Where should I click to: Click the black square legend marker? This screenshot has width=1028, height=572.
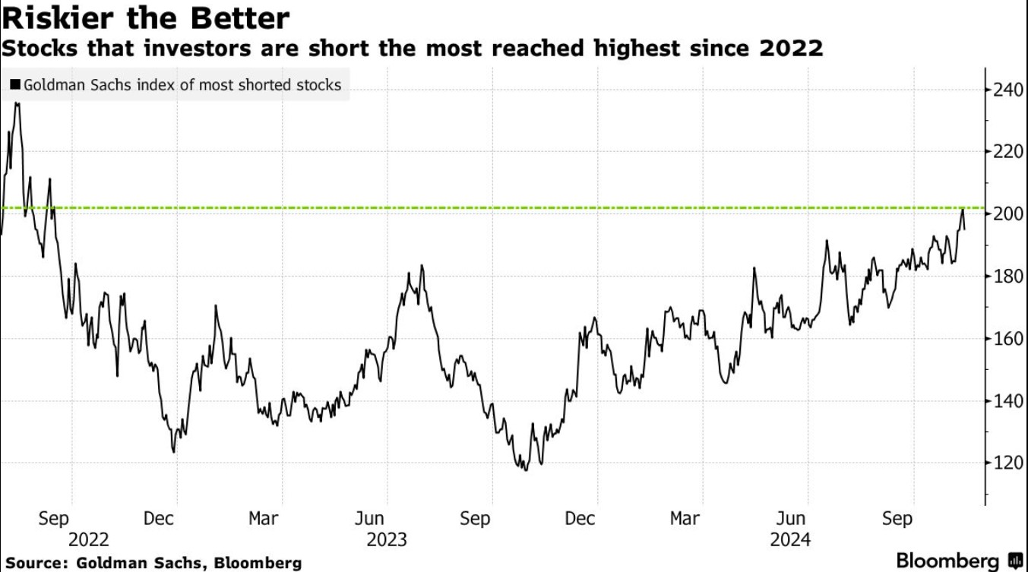15,85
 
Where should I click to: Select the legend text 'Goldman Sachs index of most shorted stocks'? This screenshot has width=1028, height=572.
182,85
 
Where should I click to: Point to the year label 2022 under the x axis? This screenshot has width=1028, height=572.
88,540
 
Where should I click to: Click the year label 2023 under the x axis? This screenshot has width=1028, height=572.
387,540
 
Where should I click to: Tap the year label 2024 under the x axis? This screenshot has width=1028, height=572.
790,540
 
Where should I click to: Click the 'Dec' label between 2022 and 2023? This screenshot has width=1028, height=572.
158,519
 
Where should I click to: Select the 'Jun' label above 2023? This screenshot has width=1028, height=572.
369,519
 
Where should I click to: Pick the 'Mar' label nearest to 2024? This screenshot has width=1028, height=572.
685,519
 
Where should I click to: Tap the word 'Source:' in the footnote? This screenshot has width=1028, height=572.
36,563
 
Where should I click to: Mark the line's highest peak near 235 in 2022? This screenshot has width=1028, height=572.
17,103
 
